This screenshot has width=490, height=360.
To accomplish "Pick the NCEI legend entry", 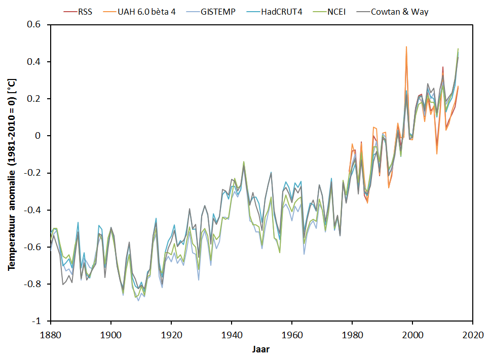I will [334, 12].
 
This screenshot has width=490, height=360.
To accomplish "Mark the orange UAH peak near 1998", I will [406, 47].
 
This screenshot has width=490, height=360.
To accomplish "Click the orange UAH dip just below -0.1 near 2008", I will [436, 153].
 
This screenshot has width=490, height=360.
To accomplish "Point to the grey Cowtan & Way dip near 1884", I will [63, 284].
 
